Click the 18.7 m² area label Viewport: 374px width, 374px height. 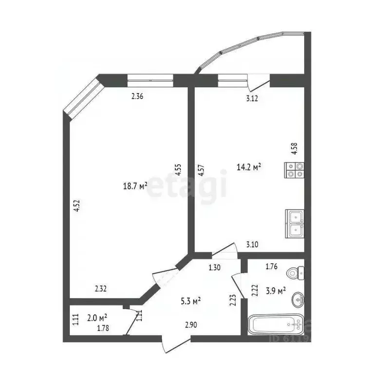point(136,186)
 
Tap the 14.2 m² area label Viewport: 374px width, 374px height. point(249,167)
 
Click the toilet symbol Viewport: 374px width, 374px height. point(296,273)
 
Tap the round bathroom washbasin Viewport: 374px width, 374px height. point(299,301)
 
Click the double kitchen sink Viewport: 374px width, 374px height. point(295,223)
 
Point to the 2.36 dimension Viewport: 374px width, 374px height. point(137,96)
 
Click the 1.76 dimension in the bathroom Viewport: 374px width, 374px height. point(271,266)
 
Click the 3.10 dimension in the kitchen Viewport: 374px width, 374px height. point(252,245)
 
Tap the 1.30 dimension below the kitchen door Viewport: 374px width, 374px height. point(214,267)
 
